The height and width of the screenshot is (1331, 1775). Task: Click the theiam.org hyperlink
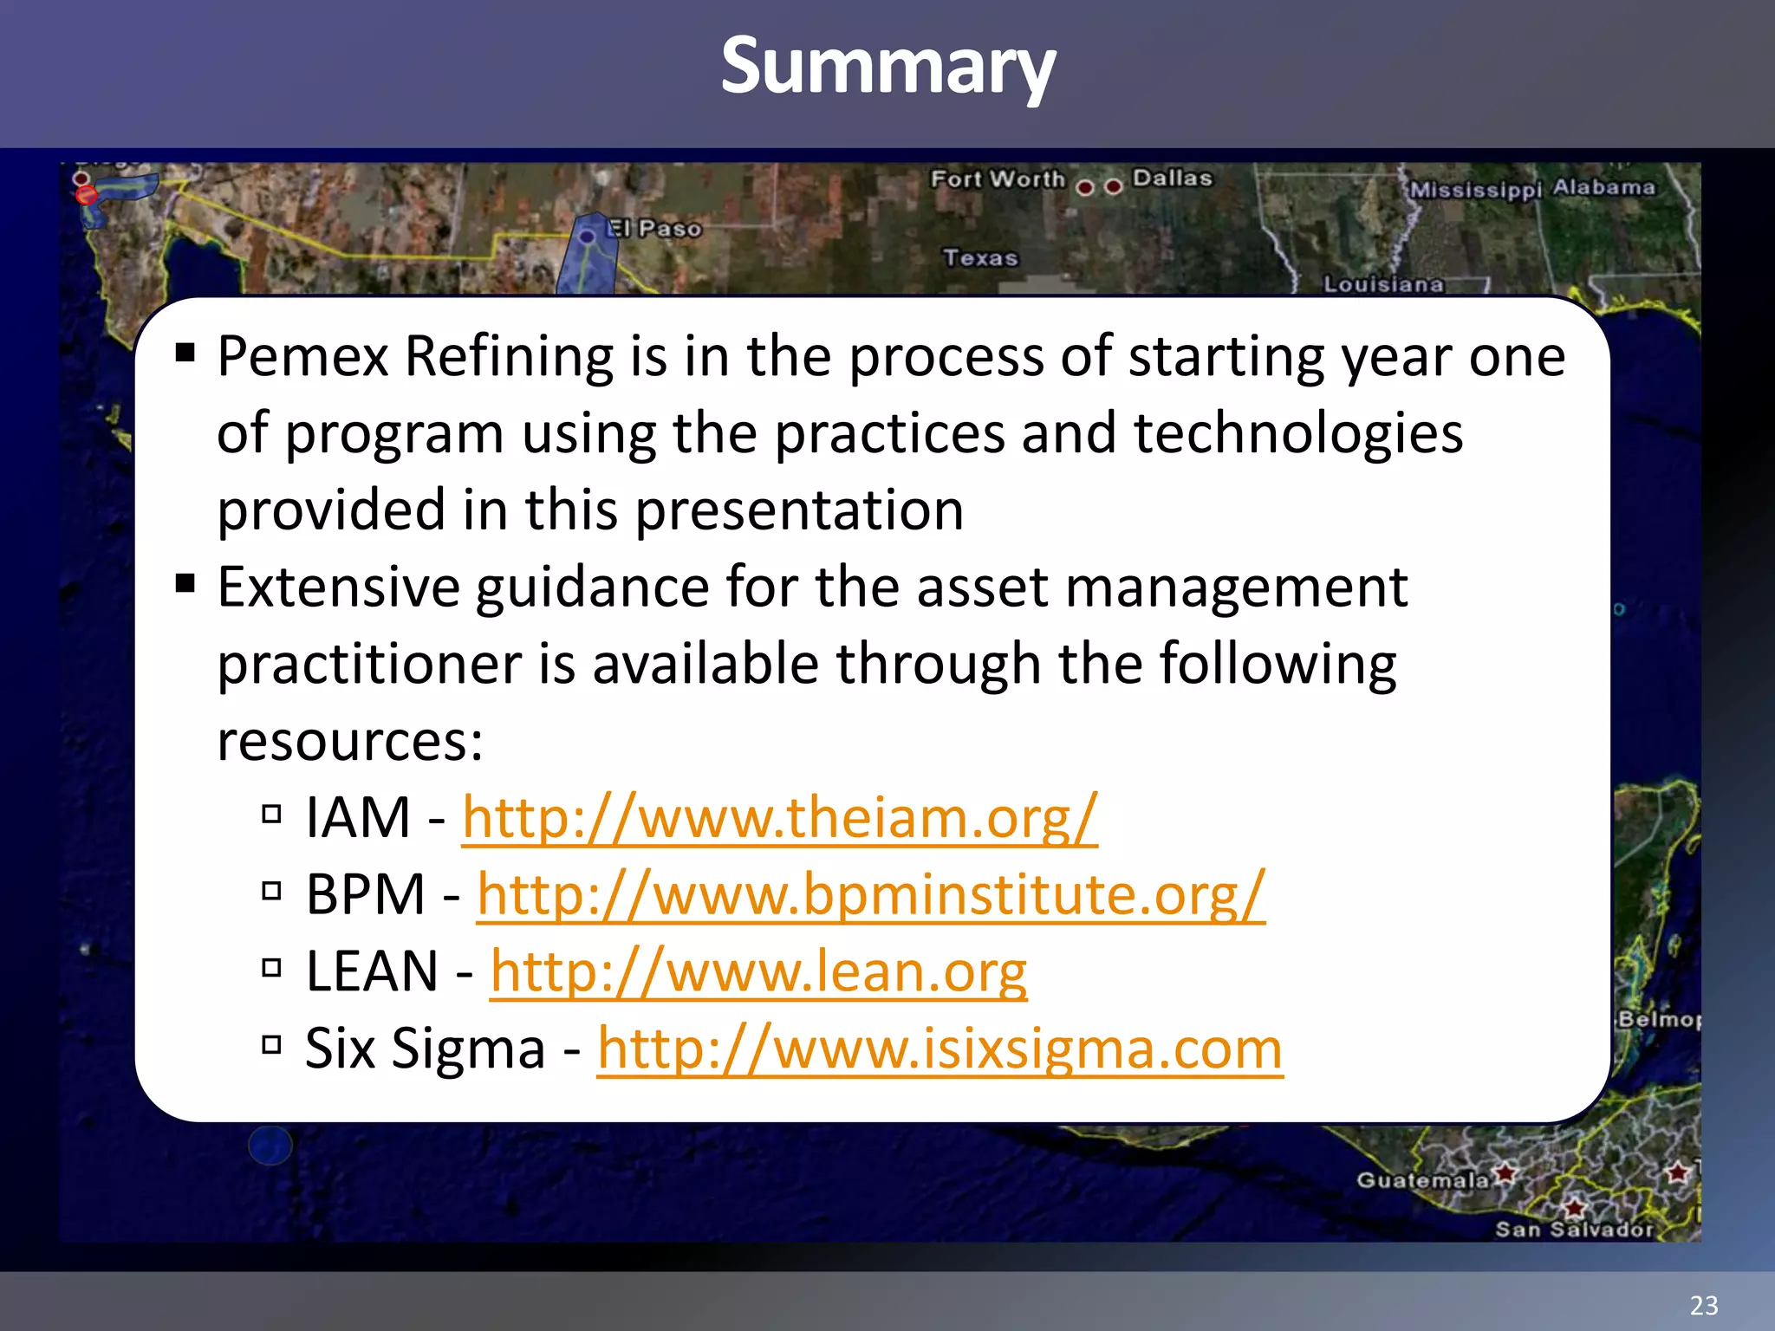coord(780,817)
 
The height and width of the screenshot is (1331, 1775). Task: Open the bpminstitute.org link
coord(871,894)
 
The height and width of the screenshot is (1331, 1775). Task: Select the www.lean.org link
coord(758,971)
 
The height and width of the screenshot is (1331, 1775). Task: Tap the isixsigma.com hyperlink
coord(940,1049)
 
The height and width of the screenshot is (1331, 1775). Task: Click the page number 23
coord(1703,1305)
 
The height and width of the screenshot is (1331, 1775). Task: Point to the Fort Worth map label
coord(998,179)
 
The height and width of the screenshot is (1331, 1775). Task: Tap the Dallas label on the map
coord(1172,178)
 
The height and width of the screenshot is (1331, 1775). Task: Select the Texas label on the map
coord(980,258)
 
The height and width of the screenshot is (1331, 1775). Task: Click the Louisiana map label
coord(1383,284)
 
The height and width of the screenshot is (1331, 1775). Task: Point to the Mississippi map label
coord(1476,190)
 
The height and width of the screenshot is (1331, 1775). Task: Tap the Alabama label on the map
coord(1603,187)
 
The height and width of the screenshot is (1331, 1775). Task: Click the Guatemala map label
coord(1422,1180)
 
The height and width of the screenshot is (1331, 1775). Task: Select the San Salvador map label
coord(1574,1230)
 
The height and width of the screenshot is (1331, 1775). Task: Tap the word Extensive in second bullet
coord(338,588)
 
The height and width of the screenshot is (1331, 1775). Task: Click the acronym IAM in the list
coord(357,817)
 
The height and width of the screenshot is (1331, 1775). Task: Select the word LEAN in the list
coord(372,971)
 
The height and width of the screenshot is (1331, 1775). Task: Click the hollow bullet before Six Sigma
coord(272,1044)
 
